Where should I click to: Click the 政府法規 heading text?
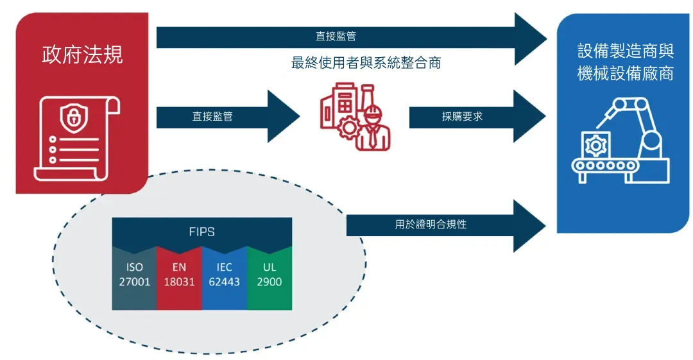[x=82, y=55]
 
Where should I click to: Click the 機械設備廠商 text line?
[x=625, y=73]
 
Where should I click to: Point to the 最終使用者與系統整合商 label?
[x=366, y=63]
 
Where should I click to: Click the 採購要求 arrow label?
[x=462, y=117]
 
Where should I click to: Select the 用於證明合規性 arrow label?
[x=431, y=225]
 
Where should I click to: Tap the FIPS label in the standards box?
[x=201, y=232]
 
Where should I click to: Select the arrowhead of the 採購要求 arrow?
[x=530, y=117]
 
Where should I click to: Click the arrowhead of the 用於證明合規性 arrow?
[x=530, y=225]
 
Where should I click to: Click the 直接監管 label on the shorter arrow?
[x=212, y=117]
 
